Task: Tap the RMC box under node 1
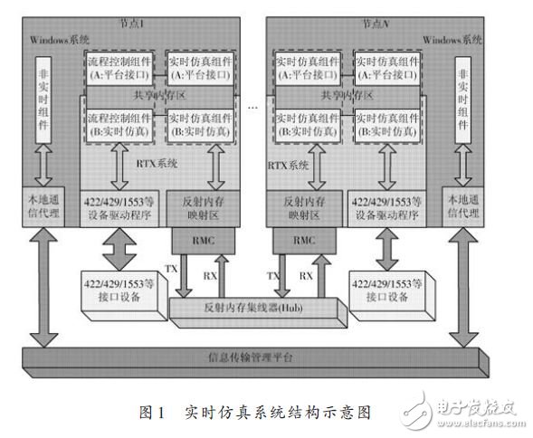click(x=204, y=242)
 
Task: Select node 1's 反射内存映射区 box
click(x=203, y=207)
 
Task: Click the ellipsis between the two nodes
click(x=253, y=107)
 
